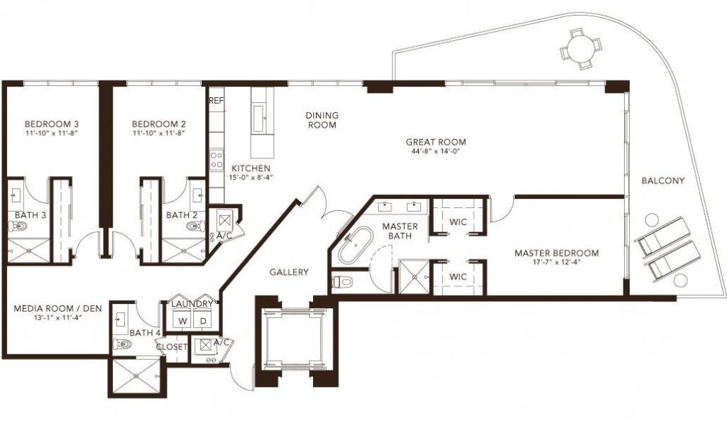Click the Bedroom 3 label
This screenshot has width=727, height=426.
click(x=51, y=124)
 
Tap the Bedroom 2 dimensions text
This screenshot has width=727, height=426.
click(x=158, y=133)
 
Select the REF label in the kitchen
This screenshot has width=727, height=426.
click(x=217, y=101)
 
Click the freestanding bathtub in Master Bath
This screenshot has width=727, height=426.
click(x=356, y=244)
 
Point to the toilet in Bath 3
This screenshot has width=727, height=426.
click(x=18, y=226)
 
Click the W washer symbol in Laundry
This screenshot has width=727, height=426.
click(x=182, y=321)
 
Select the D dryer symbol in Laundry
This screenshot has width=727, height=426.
click(x=203, y=321)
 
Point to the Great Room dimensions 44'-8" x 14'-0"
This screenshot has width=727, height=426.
click(x=436, y=151)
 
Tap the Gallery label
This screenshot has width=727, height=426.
click(x=290, y=272)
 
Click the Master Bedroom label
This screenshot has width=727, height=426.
click(x=557, y=253)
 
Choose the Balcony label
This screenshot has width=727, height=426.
click(x=663, y=181)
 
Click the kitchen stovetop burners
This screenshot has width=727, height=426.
click(x=217, y=160)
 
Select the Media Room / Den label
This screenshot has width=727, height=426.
click(x=58, y=308)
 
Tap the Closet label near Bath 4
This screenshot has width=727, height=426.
click(x=172, y=346)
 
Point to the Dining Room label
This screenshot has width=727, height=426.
click(x=322, y=119)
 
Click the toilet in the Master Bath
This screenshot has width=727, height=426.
click(x=342, y=281)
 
